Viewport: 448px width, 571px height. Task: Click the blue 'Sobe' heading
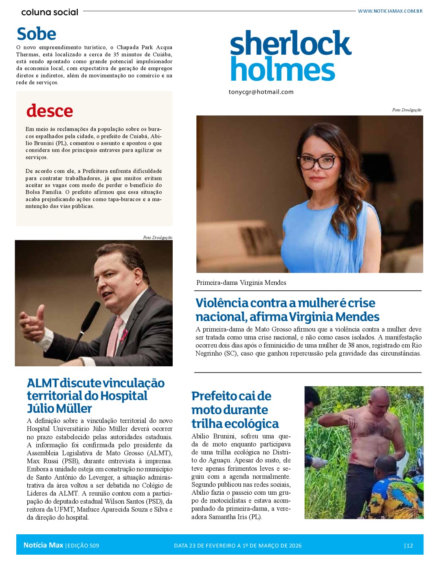pos(36,34)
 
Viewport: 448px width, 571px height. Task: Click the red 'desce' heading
pos(50,111)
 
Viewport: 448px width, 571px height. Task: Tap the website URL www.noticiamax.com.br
pos(390,11)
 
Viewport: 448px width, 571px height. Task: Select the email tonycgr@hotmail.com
pos(261,92)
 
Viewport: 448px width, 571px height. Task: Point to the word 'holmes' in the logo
pos(282,70)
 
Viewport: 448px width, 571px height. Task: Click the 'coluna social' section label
pos(50,12)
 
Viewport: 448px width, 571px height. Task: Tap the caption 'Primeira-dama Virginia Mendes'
pos(241,283)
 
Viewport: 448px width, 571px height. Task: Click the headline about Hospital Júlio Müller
pos(96,395)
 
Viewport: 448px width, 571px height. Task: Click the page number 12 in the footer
pos(409,546)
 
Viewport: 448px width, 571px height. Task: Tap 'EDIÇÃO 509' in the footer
pos(83,546)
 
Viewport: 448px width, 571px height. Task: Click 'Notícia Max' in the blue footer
pos(43,545)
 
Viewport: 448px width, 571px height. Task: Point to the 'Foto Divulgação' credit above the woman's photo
pos(406,110)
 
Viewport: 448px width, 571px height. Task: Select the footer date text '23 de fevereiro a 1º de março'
pos(237,546)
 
